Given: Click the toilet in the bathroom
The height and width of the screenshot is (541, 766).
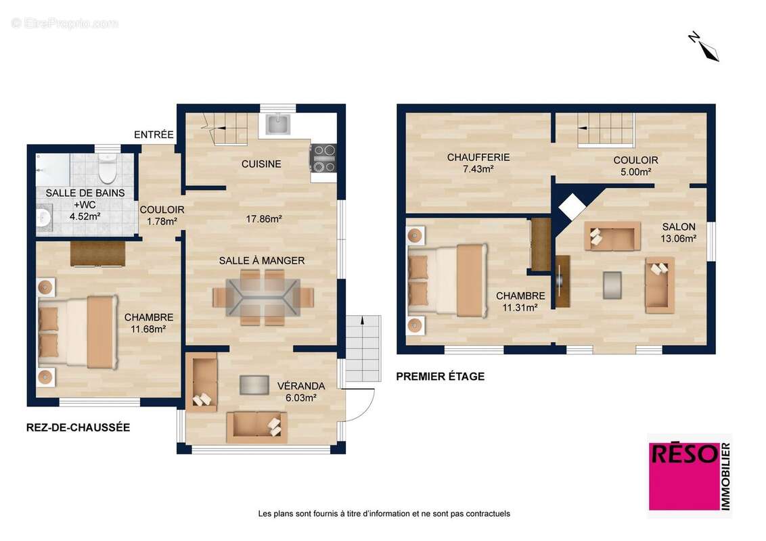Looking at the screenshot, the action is tap(106, 168).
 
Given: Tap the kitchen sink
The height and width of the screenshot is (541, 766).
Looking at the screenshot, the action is tap(278, 124).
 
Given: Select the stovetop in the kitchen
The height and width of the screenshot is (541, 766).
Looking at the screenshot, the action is tap(323, 158).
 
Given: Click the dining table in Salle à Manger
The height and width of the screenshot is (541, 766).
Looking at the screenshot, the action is tap(263, 297).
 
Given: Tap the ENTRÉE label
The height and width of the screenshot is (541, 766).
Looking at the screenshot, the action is tap(154, 135).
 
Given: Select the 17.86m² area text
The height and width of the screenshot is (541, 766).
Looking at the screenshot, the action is tap(264, 219).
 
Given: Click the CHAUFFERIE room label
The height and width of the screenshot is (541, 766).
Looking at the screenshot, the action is tap(478, 157).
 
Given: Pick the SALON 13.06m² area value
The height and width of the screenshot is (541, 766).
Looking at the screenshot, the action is tap(679, 239).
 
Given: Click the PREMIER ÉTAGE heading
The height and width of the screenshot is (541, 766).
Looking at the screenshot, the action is tap(440, 377).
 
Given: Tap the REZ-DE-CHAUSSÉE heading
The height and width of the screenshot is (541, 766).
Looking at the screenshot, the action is tap(78, 427).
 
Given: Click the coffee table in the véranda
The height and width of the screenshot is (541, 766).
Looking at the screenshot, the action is tap(254, 385).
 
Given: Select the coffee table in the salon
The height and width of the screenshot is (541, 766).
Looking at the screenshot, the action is tap(612, 285).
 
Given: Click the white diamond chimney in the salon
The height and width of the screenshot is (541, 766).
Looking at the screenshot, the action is tap(572, 206).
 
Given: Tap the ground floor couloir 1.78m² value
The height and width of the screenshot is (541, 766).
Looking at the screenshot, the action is tap(162, 222).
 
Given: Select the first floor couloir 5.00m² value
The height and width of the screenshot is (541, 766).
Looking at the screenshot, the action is tap(635, 172).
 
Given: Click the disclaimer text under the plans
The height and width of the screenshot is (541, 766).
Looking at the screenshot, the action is tap(384, 514).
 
